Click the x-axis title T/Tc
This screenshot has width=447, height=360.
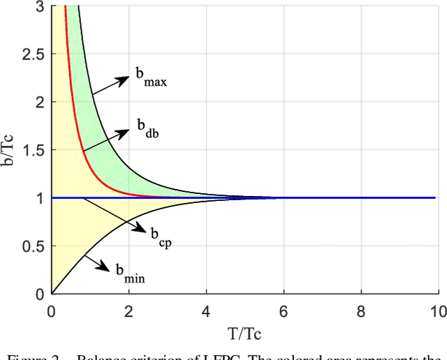click(x=244, y=328)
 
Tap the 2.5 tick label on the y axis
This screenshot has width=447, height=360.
click(x=32, y=54)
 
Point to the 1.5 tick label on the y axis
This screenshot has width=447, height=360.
click(x=32, y=150)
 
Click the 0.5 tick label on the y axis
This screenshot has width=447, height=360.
click(x=32, y=246)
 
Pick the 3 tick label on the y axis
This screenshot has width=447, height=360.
click(x=39, y=6)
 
